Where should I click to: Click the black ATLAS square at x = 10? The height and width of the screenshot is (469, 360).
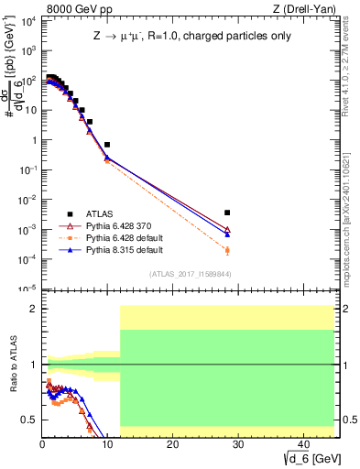(107, 145)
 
